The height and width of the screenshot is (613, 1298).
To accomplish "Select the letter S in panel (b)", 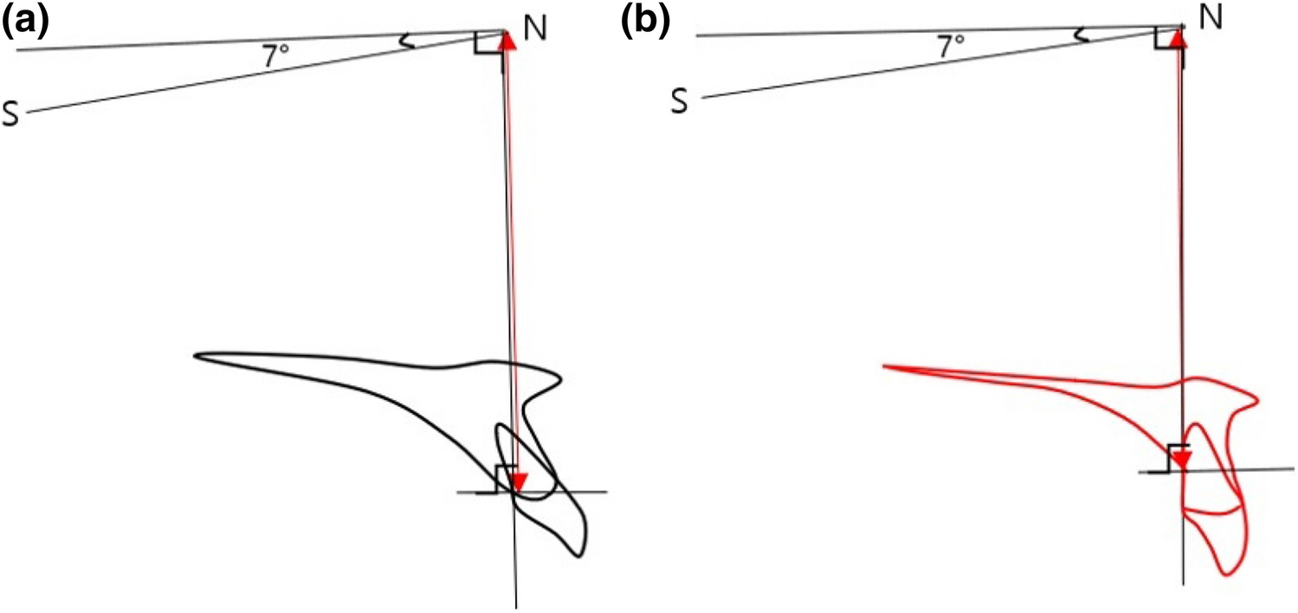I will coord(681,102).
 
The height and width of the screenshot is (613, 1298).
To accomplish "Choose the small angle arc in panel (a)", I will coord(404,40).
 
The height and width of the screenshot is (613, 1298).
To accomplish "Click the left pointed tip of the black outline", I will coord(196,355).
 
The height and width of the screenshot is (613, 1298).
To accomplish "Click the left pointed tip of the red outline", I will coord(884,367).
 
